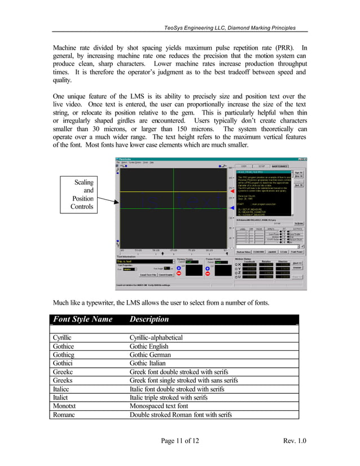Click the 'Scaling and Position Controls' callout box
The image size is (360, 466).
82,195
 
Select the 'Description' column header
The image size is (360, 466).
149,319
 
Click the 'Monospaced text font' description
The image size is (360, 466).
159,406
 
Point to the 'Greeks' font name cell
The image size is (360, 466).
63,381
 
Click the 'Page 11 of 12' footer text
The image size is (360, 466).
180,440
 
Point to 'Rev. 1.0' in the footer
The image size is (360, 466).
293,440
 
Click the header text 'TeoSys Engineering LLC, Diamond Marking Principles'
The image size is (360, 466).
229,28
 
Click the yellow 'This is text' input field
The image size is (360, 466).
126,261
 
